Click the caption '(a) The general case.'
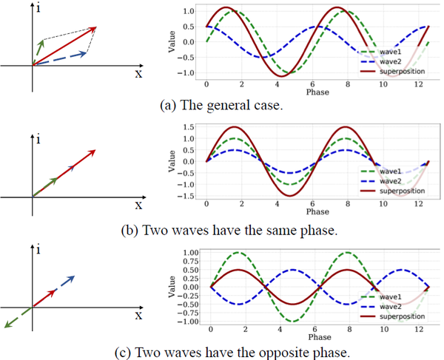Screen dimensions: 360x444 [x=221, y=105]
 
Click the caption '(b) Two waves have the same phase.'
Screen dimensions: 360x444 [x=229, y=229]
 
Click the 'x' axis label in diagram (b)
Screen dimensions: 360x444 [x=138, y=204]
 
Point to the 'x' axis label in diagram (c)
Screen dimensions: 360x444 [x=138, y=315]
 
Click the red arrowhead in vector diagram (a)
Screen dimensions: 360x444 [x=94, y=30]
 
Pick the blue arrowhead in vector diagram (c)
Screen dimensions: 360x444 [x=71, y=279]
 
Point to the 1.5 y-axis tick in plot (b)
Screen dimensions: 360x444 [x=191, y=126]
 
